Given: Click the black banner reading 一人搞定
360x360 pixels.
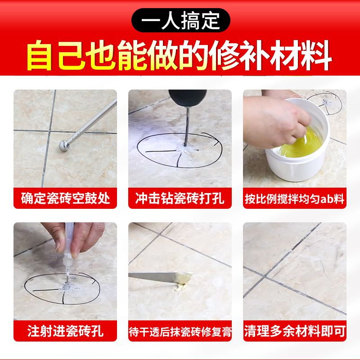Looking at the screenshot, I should click(180, 20).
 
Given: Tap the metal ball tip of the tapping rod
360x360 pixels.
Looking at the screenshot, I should click(64, 145).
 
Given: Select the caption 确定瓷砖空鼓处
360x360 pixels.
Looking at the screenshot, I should click(65, 198).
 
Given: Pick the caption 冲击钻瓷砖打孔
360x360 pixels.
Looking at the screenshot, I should click(180, 198).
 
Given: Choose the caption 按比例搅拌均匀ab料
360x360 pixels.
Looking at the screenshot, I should click(295, 198).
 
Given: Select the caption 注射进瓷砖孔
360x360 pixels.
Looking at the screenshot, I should click(65, 333).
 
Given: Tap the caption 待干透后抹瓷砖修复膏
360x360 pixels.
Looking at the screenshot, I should click(180, 333).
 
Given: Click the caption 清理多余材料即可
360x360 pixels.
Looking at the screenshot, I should click(295, 333).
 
